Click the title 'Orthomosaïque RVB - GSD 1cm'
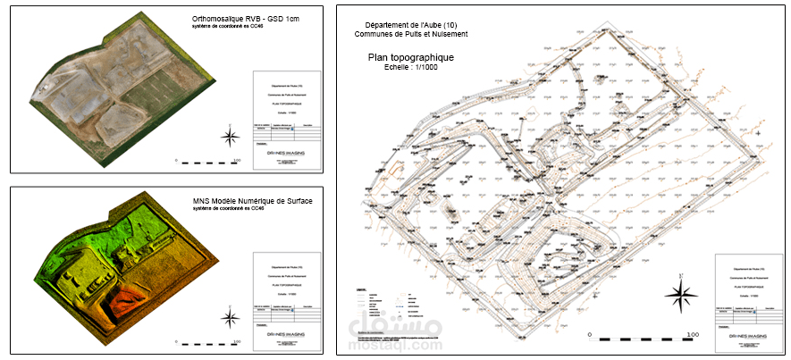[246, 19]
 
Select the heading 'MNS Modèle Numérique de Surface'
[252, 201]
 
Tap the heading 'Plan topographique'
[411, 57]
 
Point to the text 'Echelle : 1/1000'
[409, 67]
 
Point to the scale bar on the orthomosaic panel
[207, 163]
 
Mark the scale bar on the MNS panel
[207, 344]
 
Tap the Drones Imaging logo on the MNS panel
[285, 335]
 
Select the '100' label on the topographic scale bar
[691, 334]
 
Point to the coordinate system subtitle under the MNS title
[230, 209]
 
